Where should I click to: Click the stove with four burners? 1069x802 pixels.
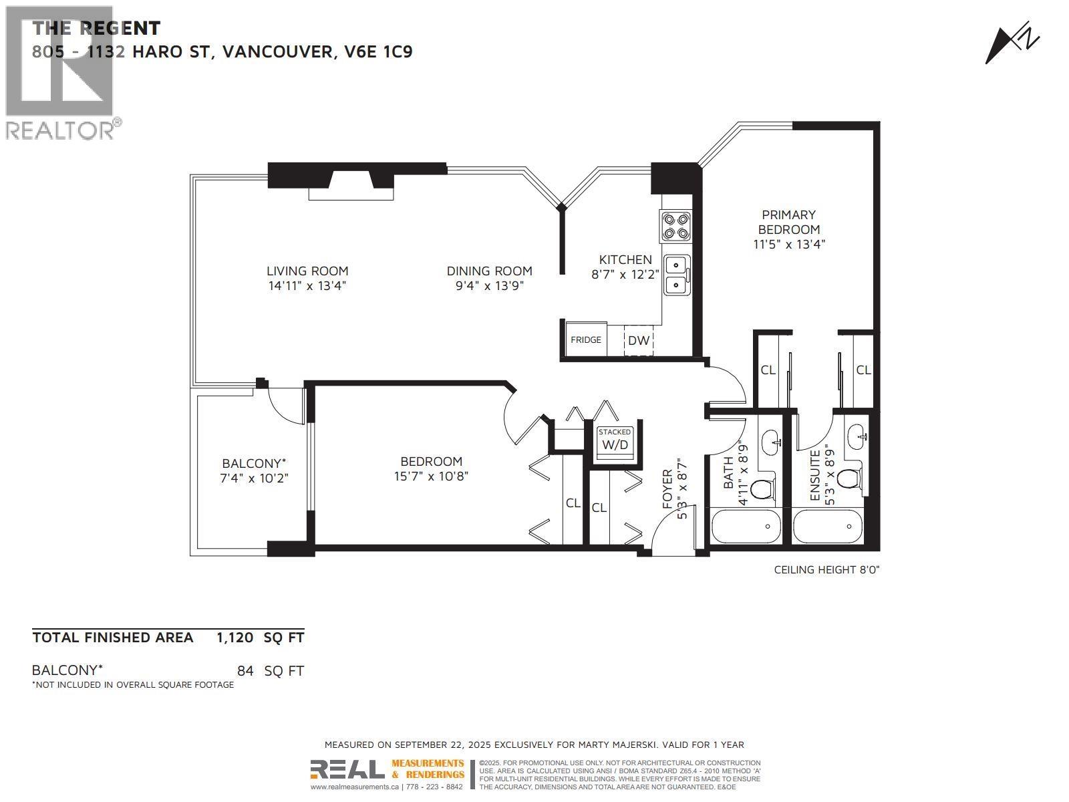pyautogui.click(x=675, y=226)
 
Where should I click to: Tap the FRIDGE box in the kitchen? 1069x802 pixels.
pyautogui.click(x=585, y=340)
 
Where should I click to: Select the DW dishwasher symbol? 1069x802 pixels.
pyautogui.click(x=639, y=340)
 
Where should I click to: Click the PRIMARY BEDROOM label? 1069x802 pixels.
pyautogui.click(x=789, y=222)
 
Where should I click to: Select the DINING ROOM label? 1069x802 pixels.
pyautogui.click(x=489, y=271)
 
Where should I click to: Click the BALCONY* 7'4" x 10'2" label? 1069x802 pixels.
pyautogui.click(x=255, y=471)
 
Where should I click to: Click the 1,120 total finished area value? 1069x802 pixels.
pyautogui.click(x=235, y=638)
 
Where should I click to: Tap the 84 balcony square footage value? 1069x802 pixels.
pyautogui.click(x=245, y=670)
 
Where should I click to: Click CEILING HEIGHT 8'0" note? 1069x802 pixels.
pyautogui.click(x=826, y=569)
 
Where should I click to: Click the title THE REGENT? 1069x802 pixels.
pyautogui.click(x=96, y=28)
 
